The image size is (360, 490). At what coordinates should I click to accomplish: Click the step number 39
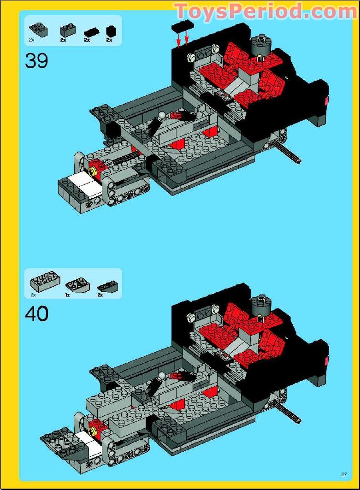tap(36, 60)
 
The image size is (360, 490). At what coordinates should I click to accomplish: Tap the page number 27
tap(343, 474)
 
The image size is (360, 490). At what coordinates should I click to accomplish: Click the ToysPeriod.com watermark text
tap(266, 11)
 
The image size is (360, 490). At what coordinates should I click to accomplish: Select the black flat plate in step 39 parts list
tap(91, 32)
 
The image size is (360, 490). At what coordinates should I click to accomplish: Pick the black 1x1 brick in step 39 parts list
tap(111, 31)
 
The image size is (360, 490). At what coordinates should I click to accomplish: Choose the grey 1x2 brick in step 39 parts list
tap(67, 31)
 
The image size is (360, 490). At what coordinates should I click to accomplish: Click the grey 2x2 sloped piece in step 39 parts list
tap(36, 30)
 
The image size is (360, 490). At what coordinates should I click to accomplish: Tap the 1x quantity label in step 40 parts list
tap(67, 294)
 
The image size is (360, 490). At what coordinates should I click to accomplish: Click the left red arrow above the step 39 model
tap(178, 41)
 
